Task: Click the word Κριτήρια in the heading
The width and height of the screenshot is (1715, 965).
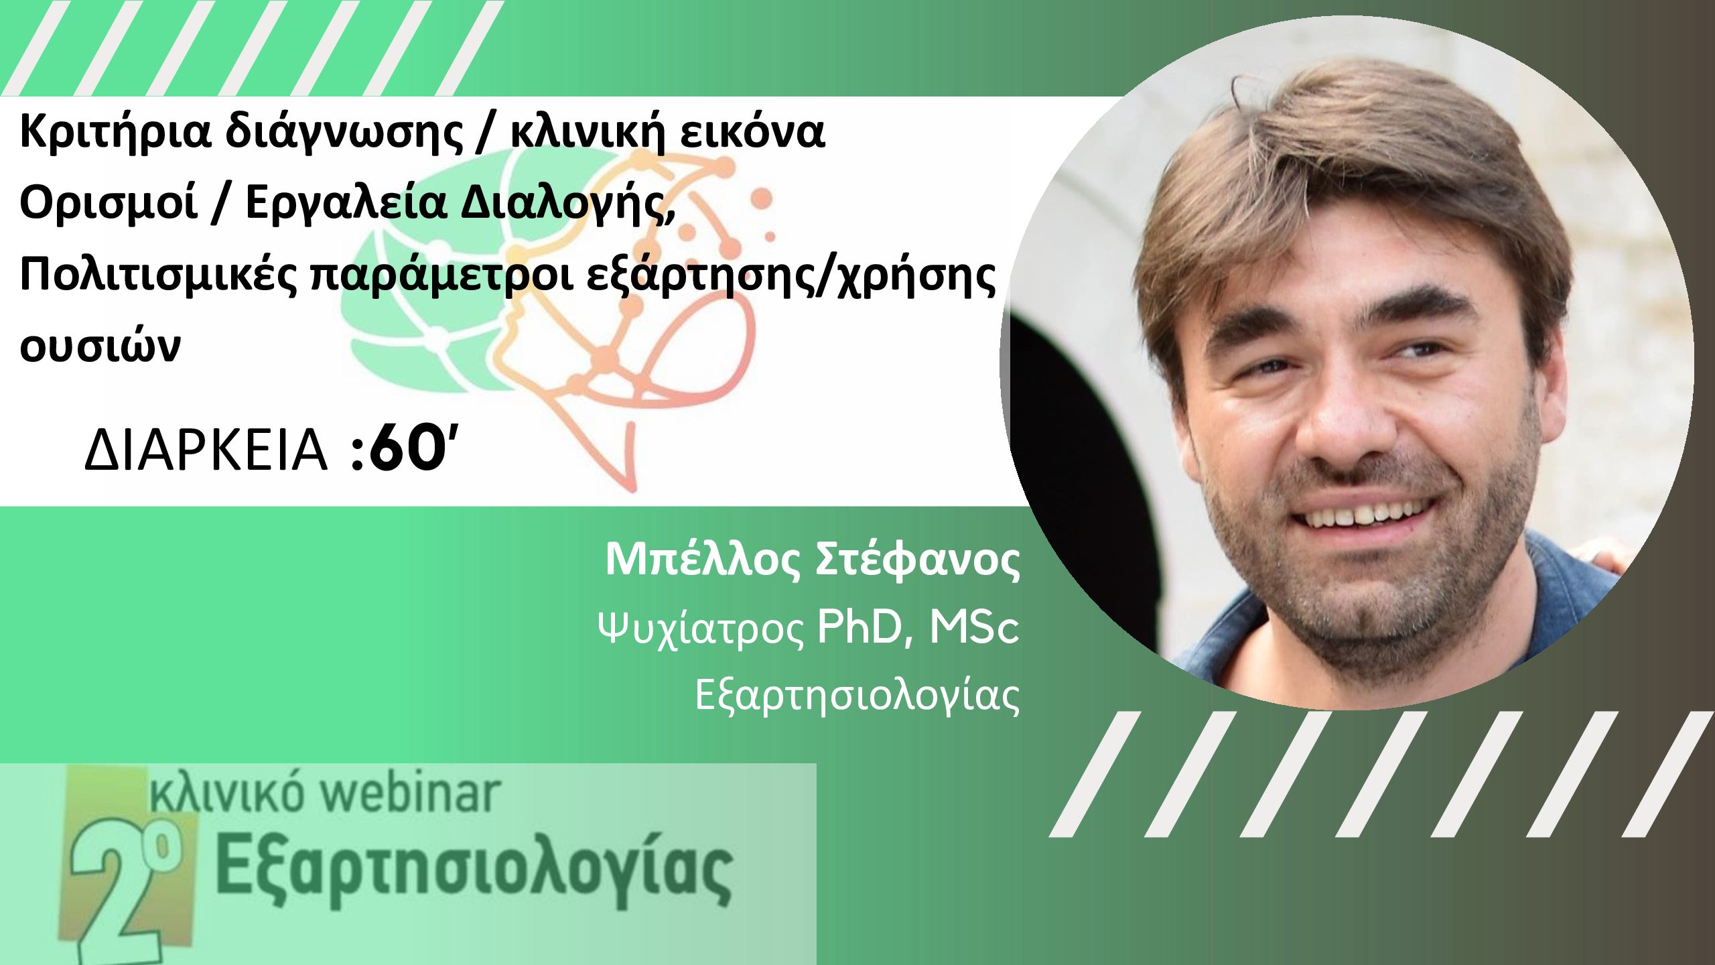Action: click(x=115, y=132)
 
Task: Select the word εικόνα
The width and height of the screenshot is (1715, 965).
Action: click(x=752, y=131)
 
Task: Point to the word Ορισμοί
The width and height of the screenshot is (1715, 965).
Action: click(x=109, y=202)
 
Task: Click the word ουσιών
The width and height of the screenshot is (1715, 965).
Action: click(x=100, y=344)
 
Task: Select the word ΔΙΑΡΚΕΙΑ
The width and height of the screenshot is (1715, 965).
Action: click(x=206, y=450)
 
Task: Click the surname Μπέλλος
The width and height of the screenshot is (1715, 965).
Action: click(x=703, y=559)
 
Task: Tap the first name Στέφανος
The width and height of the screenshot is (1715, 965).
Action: click(x=917, y=559)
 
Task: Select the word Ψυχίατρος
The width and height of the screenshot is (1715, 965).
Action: click(x=701, y=629)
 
